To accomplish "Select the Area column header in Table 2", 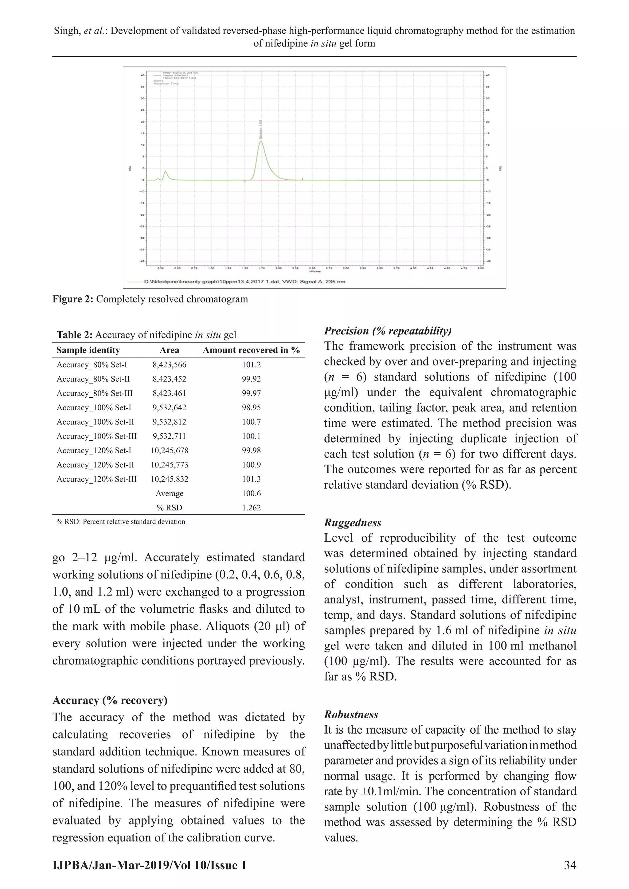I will [169, 350].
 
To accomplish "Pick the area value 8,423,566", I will [169, 365].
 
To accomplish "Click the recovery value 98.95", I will [251, 408].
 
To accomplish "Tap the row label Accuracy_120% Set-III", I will [96, 479].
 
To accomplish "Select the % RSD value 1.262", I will [251, 508].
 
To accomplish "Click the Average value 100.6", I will [251, 493].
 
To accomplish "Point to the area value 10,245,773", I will [169, 465].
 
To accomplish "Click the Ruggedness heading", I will [353, 523].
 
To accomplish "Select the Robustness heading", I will [351, 714].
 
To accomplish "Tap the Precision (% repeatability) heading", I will [387, 331].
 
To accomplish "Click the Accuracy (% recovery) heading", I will [110, 700].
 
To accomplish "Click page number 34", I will [570, 865].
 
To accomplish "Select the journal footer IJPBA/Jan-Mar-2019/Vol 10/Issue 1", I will [150, 865].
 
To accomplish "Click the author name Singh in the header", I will [66, 31].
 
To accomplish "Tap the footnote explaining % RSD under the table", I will [121, 521].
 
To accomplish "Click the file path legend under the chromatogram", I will [244, 282].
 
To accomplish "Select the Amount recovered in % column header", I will [251, 350].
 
